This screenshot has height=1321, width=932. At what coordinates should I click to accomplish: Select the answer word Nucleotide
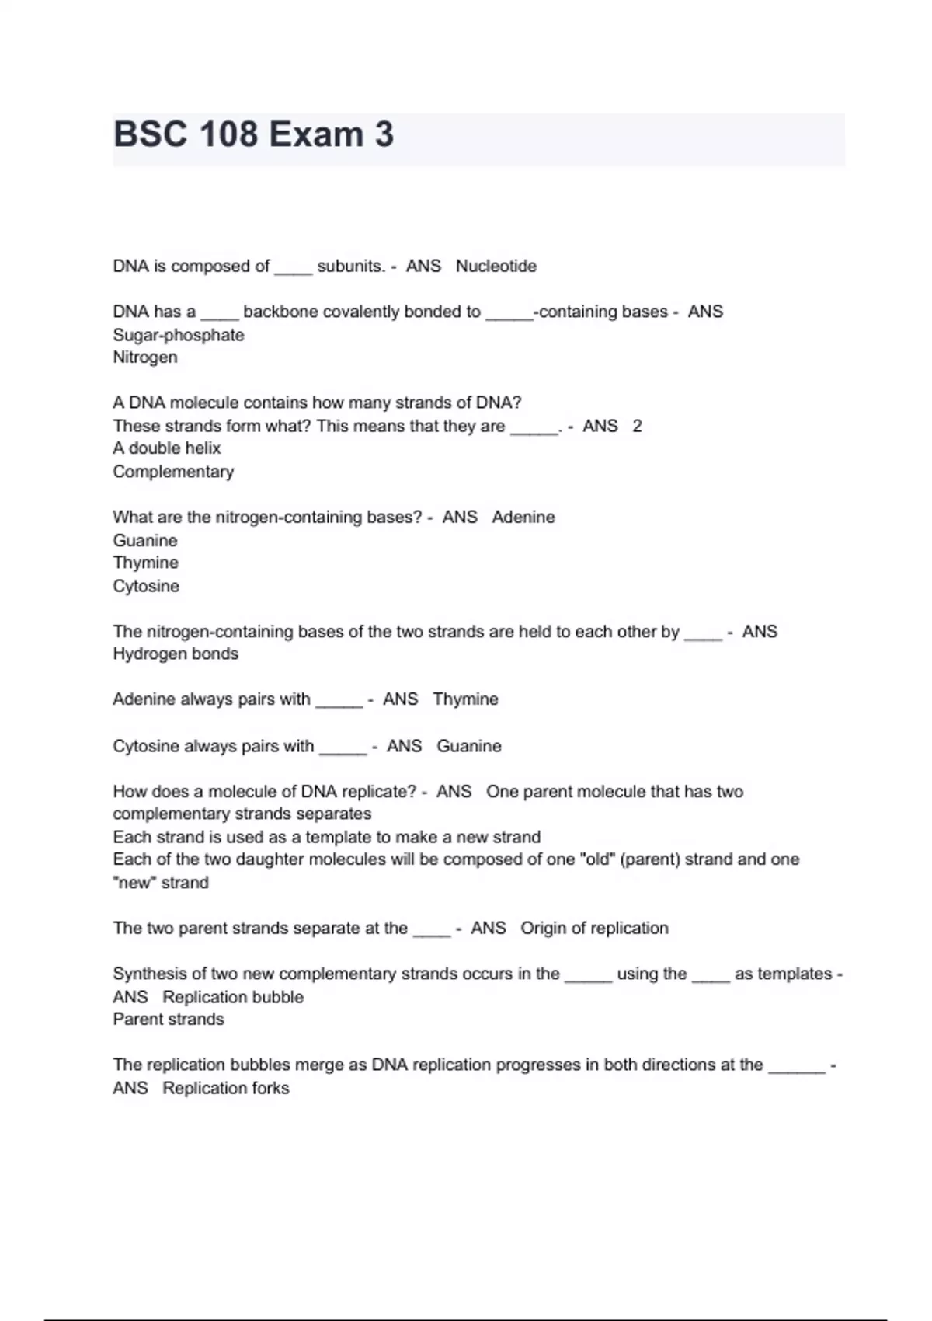496,267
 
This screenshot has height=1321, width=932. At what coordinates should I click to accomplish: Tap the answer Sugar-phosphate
179,335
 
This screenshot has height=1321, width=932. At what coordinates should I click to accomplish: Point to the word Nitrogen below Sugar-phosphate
145,357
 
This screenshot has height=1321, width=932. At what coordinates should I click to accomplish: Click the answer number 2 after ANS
637,426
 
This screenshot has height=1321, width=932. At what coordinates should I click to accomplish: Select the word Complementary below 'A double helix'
173,472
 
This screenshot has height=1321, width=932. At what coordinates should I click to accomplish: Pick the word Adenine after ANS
523,518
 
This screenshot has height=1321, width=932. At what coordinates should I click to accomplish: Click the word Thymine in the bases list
145,563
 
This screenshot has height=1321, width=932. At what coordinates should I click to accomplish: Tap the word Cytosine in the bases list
146,586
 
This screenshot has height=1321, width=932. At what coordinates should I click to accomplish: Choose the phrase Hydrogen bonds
176,654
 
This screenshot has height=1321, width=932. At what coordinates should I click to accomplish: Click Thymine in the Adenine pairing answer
465,699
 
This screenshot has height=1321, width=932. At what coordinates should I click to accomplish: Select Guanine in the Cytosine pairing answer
469,746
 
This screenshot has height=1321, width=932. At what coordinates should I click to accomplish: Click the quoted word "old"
597,859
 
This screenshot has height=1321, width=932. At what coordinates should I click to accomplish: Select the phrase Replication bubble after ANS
233,997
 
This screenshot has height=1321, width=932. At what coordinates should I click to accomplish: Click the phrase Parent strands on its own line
169,1020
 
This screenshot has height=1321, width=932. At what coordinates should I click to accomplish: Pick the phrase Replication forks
226,1088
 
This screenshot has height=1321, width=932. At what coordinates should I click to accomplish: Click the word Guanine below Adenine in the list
145,540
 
